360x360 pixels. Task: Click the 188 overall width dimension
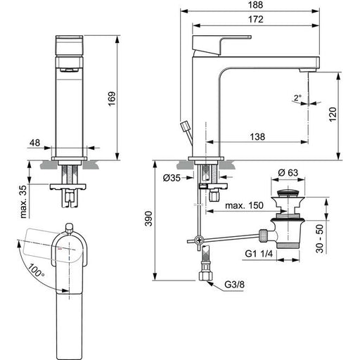pos(255,5)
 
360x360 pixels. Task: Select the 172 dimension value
pos(256,19)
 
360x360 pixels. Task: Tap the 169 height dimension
pos(112,98)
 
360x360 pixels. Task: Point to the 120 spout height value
pos(333,114)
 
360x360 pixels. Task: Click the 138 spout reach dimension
pos(257,136)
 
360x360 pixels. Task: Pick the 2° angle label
pos(297,98)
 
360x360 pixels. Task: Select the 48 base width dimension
pos(35,143)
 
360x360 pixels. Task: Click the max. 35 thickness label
pos(24,201)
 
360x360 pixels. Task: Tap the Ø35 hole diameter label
pos(172,178)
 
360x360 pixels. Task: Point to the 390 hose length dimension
pos(148,219)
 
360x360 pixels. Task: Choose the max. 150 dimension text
pos(244,205)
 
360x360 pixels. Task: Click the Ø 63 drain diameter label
pos(288,173)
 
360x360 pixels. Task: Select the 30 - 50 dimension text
pos(320,238)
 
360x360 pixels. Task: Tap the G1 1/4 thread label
pos(259,254)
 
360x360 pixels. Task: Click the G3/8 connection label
pos(234,285)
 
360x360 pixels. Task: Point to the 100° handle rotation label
pos(37,270)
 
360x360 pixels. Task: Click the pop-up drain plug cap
pos(288,193)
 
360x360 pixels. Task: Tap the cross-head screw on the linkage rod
pos(199,240)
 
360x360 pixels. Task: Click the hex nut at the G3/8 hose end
pos(205,276)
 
